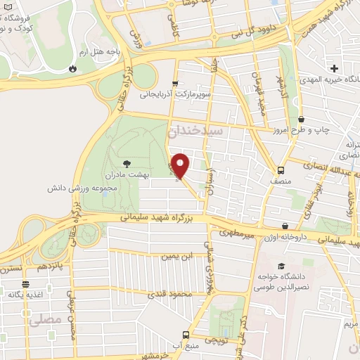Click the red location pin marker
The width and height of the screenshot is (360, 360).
coord(181,165)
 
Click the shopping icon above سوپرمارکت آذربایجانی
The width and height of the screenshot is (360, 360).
coord(176,82)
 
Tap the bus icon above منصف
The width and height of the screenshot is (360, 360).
coord(281,169)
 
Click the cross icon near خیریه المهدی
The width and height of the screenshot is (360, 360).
coord(334,69)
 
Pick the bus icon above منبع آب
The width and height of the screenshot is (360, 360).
coord(185,335)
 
